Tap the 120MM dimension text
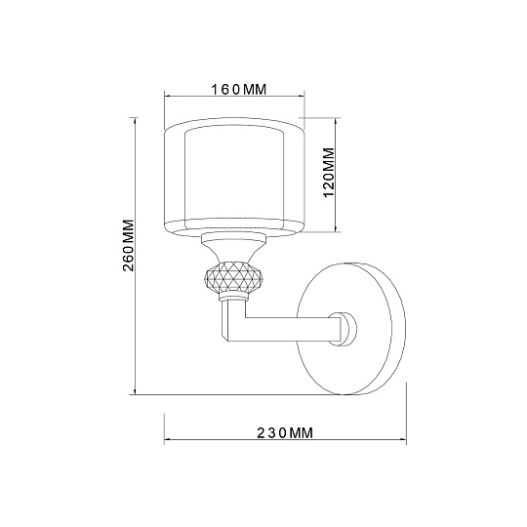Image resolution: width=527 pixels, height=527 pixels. click(329, 174)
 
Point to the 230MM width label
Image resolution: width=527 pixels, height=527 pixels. click(283, 432)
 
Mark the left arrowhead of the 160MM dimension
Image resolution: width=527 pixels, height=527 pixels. click(166, 98)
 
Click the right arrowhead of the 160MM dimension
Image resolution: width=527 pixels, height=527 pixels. click(304, 98)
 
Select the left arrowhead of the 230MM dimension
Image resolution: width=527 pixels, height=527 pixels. click(166, 440)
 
